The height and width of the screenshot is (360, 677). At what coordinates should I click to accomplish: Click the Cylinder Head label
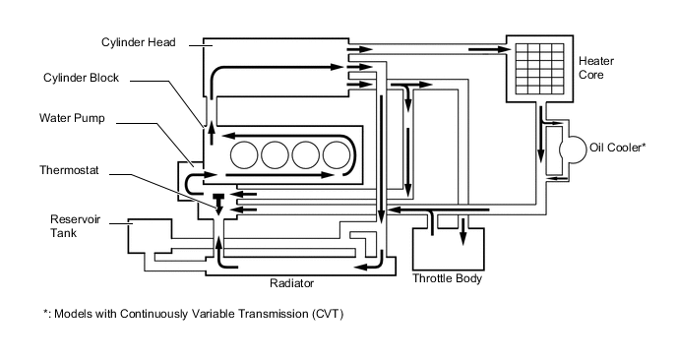point(138,42)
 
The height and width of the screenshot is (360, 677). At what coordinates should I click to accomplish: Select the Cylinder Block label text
point(81,78)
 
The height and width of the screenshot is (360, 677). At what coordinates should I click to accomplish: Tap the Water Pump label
point(72,118)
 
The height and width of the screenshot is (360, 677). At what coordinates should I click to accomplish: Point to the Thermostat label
point(69,170)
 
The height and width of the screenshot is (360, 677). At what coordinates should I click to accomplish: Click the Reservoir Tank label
point(69,226)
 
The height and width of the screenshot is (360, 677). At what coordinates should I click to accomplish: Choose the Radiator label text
point(291,283)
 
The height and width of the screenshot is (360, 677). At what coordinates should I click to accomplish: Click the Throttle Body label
point(447,278)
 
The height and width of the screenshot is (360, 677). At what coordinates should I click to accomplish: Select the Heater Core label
point(596,68)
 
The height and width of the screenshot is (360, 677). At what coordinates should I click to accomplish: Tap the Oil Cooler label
point(617,148)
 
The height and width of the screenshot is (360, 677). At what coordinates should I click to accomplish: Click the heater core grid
point(539,69)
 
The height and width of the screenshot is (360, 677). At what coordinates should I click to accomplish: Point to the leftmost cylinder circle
point(244,155)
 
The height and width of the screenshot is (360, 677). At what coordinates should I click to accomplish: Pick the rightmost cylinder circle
point(337,155)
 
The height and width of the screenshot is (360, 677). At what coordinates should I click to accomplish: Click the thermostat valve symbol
point(218,204)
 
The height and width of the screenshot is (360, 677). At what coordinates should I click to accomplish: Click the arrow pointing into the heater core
point(490,49)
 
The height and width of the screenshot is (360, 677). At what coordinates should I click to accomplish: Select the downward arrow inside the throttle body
point(463,232)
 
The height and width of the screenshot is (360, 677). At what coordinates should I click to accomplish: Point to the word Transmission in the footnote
point(272,314)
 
